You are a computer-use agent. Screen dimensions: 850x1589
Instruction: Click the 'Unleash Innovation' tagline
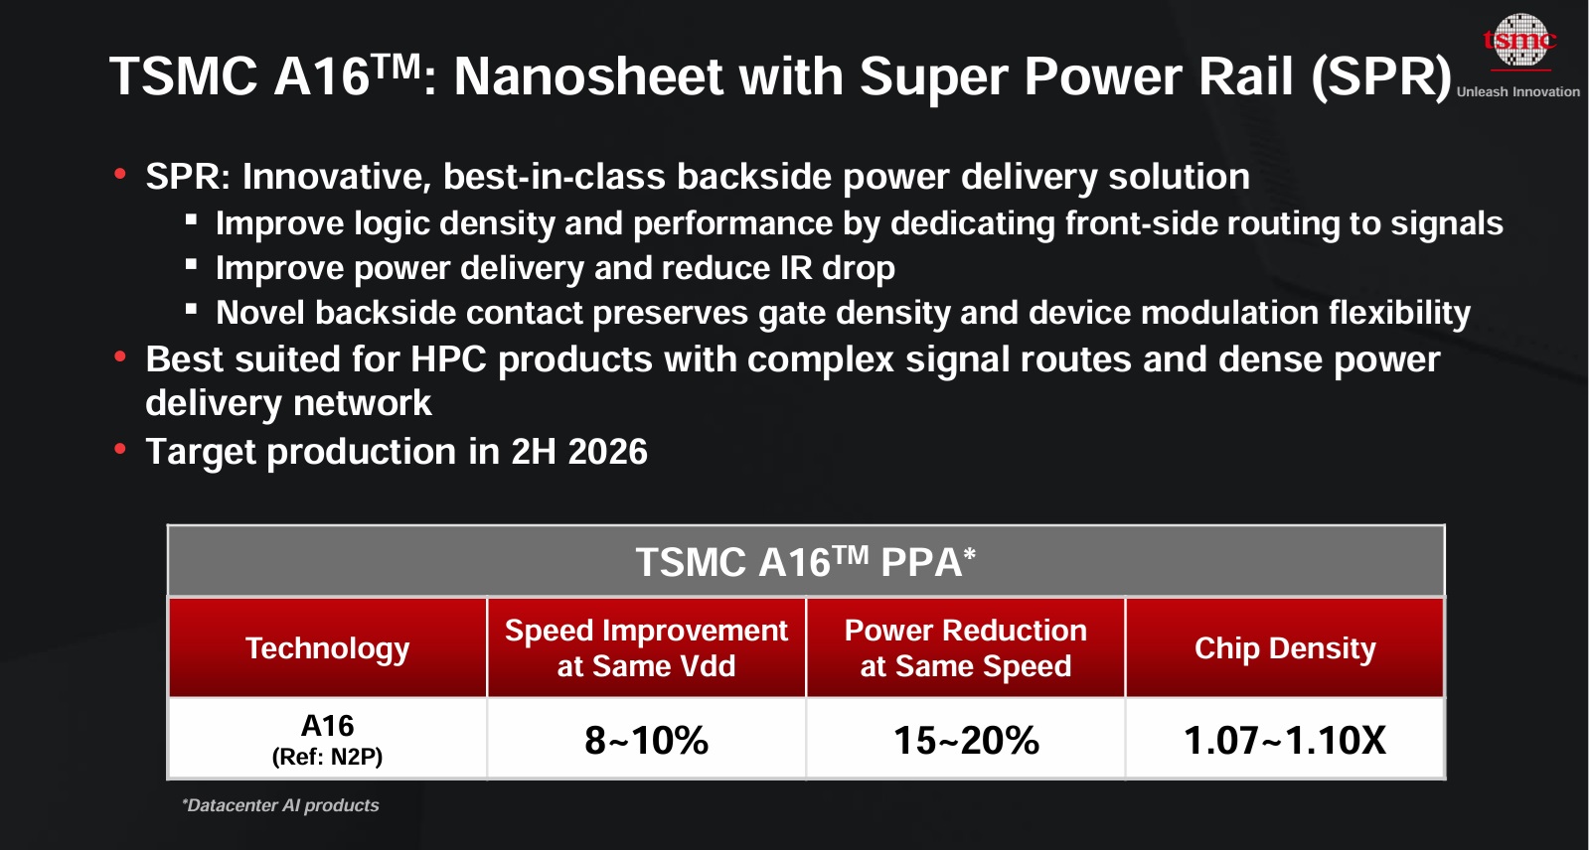[1517, 91]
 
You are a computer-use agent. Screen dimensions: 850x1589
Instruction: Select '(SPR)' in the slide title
[1381, 76]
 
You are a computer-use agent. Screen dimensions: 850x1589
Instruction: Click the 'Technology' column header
[327, 648]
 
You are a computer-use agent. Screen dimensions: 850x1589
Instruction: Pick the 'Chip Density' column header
[1284, 648]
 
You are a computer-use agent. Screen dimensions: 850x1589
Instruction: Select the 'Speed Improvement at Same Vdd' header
[646, 647]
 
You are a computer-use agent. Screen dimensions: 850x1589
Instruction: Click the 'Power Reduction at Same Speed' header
[965, 647]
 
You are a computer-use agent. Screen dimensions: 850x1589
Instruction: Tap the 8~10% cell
[646, 740]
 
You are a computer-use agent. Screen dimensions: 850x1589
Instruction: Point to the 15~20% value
[965, 740]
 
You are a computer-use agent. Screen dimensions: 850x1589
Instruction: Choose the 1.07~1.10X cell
[1284, 740]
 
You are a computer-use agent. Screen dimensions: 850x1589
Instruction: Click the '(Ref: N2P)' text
[327, 757]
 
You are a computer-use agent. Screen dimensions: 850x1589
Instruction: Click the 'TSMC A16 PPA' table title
[805, 562]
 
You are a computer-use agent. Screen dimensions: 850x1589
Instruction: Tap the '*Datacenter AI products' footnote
[280, 805]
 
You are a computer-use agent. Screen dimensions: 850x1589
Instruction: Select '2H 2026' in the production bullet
[578, 452]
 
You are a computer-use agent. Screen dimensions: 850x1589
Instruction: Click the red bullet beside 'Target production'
[120, 450]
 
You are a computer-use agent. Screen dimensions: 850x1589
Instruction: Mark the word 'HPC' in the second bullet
[448, 359]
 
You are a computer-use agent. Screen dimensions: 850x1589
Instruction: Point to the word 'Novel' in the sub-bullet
[260, 313]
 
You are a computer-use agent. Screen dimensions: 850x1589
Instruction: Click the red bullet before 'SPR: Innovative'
[120, 175]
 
